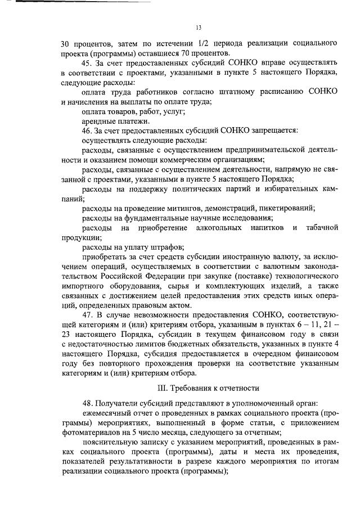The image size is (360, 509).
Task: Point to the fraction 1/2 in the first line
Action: coord(204,43)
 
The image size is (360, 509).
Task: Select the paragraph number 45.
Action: coord(86,63)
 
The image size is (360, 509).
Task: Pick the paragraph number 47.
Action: coord(86,315)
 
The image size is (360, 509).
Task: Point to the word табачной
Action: coord(322,228)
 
